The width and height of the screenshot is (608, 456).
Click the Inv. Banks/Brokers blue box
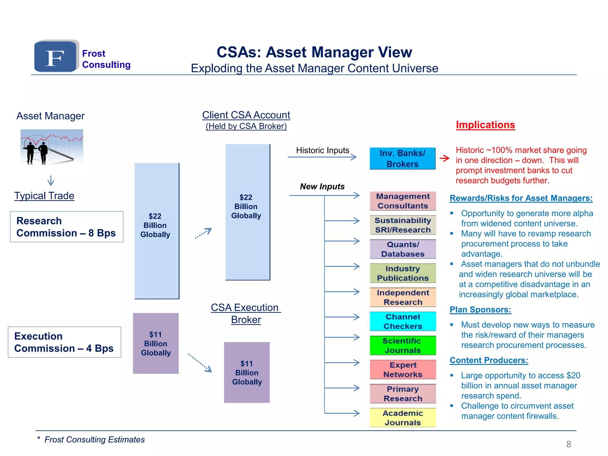click(402, 159)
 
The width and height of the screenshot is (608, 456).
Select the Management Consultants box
click(403, 201)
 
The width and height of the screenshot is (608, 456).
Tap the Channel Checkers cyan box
click(403, 321)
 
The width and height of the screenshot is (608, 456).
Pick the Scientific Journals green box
click(403, 346)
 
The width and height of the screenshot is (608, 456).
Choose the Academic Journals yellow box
click(403, 418)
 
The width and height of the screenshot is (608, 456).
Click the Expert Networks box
click(403, 370)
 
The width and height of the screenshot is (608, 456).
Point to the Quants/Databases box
click(403, 249)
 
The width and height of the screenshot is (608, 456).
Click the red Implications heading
click(485, 125)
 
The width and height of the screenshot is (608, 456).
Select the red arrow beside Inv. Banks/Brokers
click(444, 158)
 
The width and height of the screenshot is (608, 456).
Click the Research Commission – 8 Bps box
click(66, 227)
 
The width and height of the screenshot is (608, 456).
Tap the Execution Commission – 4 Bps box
click(64, 342)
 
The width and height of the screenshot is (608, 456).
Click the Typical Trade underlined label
click(44, 196)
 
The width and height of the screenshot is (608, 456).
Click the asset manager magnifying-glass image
click(52, 147)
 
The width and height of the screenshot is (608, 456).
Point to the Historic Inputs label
click(322, 150)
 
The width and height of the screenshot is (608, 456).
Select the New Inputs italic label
click(322, 186)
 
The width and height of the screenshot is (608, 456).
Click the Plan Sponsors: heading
click(480, 310)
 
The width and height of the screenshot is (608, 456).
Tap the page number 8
click(569, 444)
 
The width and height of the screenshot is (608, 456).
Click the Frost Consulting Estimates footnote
click(94, 440)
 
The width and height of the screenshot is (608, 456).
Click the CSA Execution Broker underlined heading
click(246, 313)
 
